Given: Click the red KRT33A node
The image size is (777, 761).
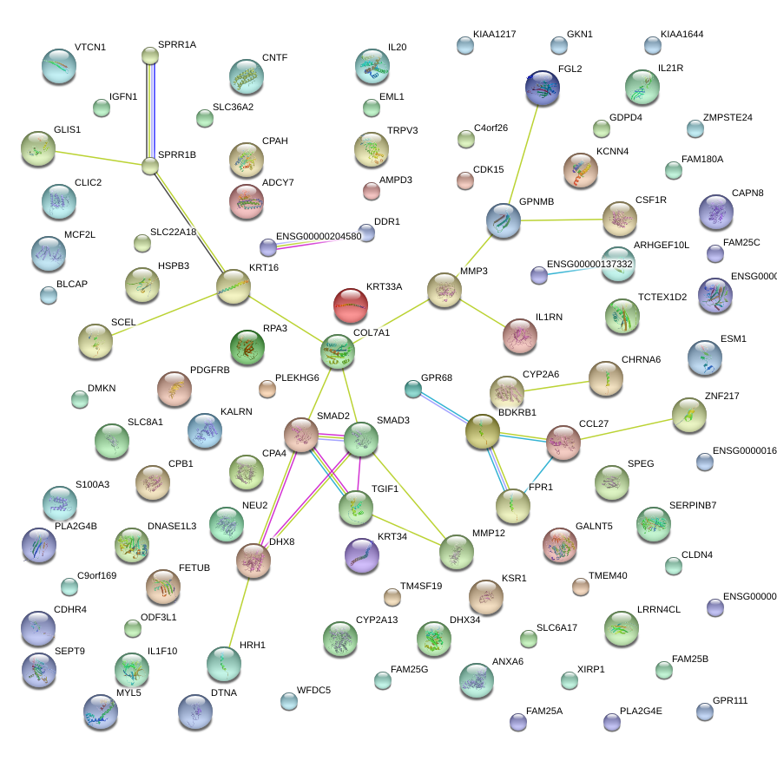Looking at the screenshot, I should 351,304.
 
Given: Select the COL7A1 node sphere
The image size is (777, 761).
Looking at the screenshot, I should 337,351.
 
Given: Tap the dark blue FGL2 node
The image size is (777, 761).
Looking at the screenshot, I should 543,88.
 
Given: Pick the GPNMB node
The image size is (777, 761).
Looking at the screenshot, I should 503,220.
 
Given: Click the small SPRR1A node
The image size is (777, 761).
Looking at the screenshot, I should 150,56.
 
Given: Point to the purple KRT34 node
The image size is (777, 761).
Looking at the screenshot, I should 362,555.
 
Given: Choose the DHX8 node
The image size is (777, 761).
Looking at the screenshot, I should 254,561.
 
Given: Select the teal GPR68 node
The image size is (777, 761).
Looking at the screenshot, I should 413,389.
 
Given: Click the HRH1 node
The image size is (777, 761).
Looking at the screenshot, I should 224,664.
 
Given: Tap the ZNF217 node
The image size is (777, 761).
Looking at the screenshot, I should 688,414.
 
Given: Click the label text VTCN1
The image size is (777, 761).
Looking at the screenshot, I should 90,47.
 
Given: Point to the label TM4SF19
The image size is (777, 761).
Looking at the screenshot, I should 421,586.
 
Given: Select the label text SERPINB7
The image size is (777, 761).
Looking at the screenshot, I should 693,505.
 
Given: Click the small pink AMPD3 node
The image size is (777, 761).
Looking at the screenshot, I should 372,190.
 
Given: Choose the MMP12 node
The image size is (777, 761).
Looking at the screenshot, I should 457,552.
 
